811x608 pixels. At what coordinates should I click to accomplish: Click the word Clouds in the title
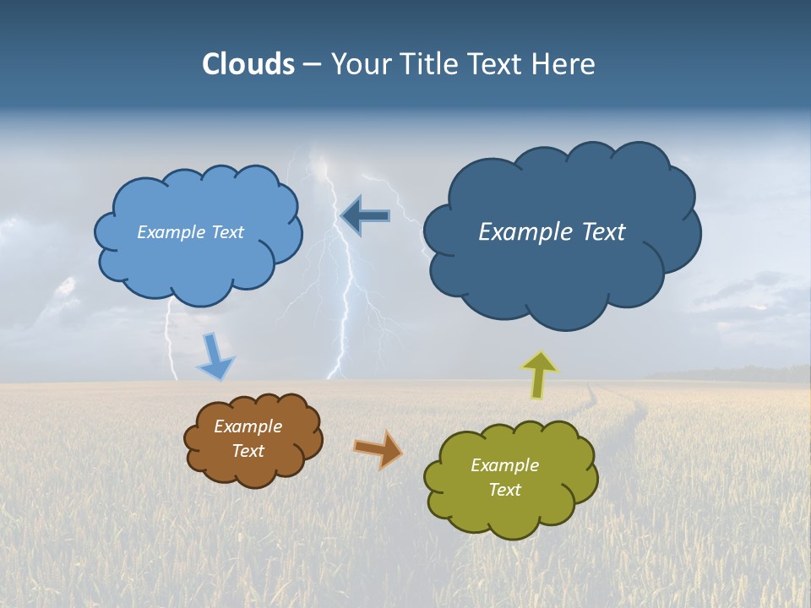tap(248, 64)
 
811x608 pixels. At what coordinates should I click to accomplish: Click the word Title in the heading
tap(429, 64)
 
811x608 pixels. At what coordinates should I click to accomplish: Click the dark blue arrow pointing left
tap(365, 216)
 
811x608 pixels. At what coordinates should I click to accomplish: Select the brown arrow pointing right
tap(378, 448)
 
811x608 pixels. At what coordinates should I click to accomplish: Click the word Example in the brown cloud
tap(248, 426)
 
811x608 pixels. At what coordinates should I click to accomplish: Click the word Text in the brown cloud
tap(248, 451)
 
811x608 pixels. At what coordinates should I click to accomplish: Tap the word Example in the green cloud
tap(504, 465)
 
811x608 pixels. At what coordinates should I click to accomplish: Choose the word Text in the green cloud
tap(504, 490)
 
